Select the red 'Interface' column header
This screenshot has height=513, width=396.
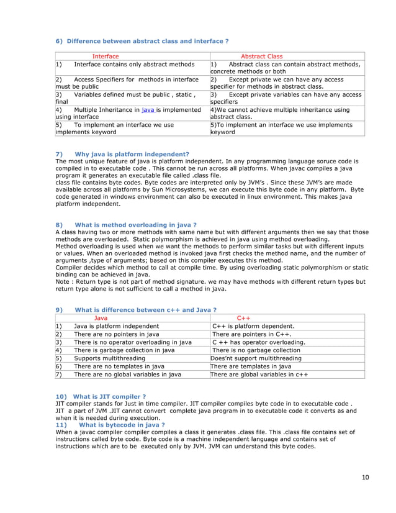106,57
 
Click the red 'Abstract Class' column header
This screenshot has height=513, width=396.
261,57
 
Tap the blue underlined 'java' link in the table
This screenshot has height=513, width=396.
148,109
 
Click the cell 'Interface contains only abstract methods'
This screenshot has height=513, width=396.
133,65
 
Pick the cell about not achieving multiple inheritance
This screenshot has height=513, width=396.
280,112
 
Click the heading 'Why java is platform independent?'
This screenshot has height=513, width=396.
132,153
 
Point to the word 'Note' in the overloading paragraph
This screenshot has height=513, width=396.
63,281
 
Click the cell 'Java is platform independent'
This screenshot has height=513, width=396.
116,325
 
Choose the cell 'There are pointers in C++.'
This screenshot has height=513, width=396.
252,334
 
